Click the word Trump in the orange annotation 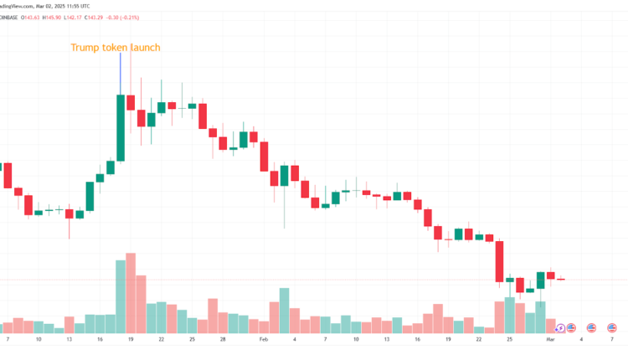(x=85, y=48)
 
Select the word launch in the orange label (x=145, y=48)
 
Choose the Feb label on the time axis (x=264, y=340)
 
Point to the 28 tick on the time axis (x=223, y=340)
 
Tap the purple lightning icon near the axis (x=559, y=328)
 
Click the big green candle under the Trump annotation (x=121, y=128)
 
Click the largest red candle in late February (x=500, y=261)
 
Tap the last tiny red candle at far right (x=561, y=280)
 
